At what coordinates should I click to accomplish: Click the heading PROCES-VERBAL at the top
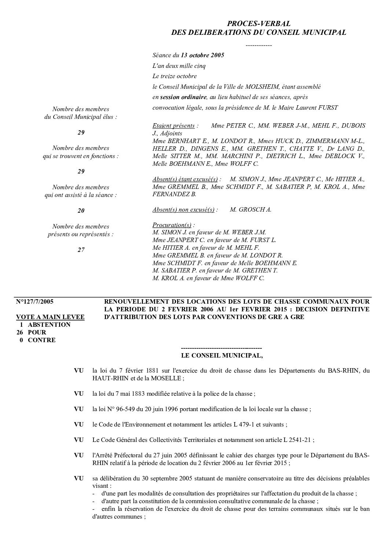(x=259, y=24)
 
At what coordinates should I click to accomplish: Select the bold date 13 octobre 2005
(x=202, y=55)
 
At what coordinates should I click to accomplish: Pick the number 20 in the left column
(x=81, y=211)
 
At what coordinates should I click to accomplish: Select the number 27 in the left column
(x=81, y=250)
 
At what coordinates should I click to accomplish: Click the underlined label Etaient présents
(x=173, y=125)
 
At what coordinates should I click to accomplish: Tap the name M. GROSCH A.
(x=250, y=210)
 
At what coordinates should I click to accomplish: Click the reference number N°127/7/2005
(x=35, y=301)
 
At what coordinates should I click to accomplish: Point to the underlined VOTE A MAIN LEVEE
(x=50, y=317)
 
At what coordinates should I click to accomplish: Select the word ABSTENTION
(x=49, y=325)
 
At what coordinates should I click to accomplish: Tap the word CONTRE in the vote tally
(x=42, y=340)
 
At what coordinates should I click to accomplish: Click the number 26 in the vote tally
(x=21, y=332)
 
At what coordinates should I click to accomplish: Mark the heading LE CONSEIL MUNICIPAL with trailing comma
(x=222, y=355)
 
